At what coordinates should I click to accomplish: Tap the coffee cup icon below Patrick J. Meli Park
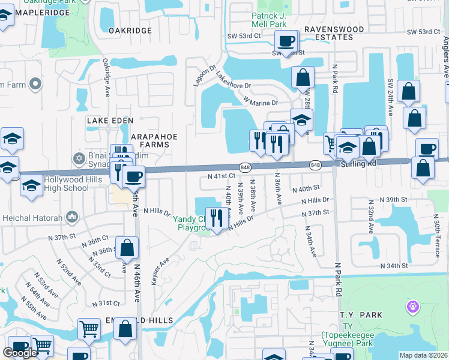point(286,41)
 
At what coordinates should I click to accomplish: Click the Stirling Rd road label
point(358,163)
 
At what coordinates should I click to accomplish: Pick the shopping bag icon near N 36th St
point(127,247)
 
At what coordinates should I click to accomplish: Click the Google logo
point(20,352)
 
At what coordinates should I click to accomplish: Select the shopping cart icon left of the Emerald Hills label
point(89,328)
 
